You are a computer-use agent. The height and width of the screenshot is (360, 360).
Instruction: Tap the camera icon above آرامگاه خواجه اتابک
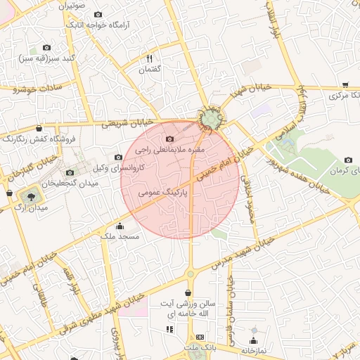[97, 15]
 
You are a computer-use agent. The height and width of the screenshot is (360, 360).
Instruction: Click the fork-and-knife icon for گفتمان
[150, 59]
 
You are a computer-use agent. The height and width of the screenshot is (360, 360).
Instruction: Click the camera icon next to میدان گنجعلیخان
[69, 172]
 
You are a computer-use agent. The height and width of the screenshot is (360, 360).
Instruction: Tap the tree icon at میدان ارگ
[31, 196]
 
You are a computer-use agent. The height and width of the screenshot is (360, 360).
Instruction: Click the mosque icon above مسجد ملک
[120, 226]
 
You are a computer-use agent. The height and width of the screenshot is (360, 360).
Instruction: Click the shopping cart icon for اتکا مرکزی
[345, 84]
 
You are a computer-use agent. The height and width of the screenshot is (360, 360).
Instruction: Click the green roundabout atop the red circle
[210, 121]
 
